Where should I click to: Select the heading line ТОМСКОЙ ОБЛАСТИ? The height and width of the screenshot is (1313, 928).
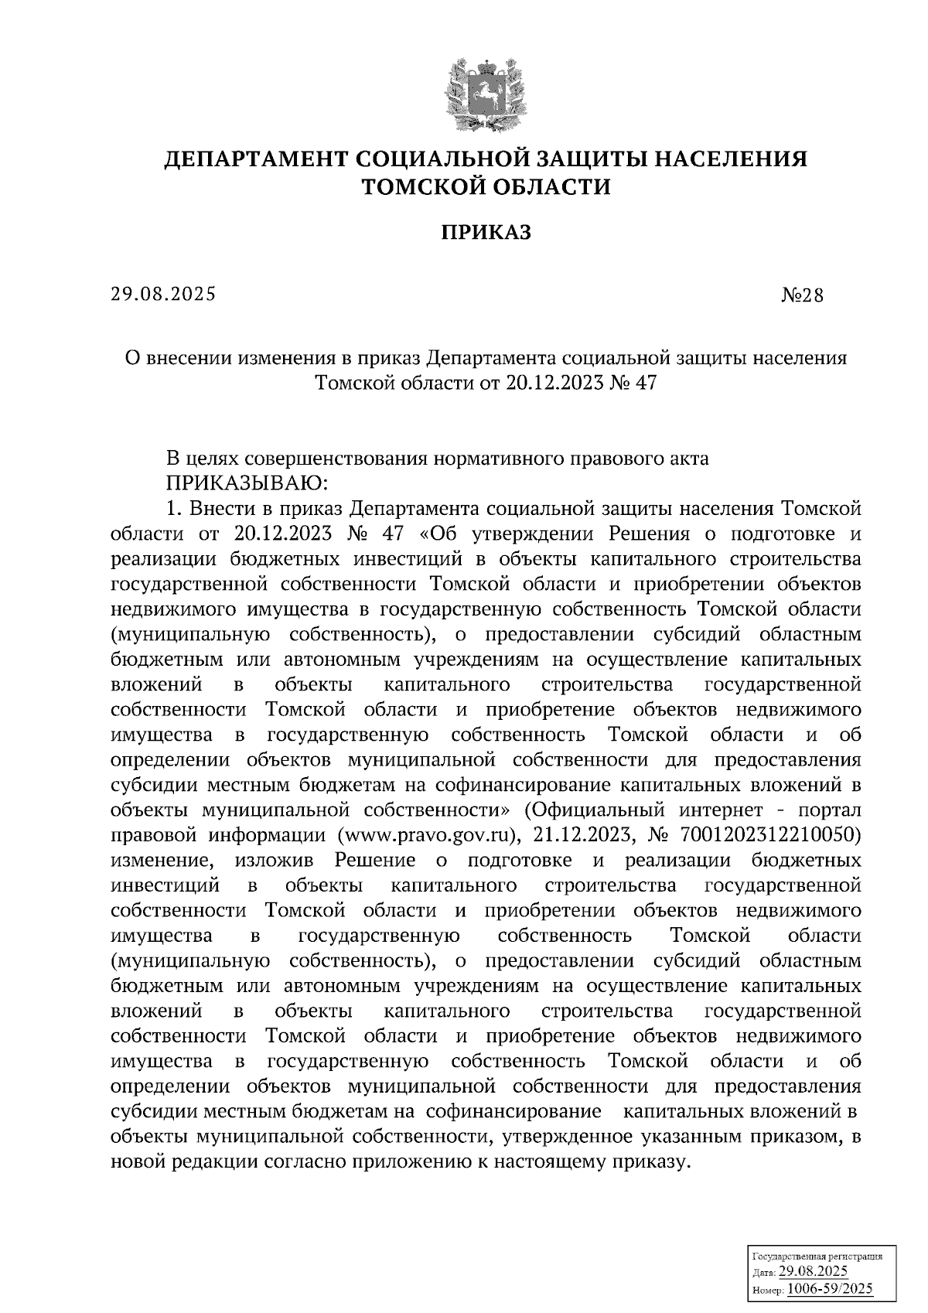pyautogui.click(x=486, y=186)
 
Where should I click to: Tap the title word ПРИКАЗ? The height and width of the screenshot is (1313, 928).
pyautogui.click(x=486, y=232)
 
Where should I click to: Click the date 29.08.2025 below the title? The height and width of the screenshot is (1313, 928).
pyautogui.click(x=163, y=294)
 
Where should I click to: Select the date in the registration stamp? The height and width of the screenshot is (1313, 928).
pyautogui.click(x=813, y=1273)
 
